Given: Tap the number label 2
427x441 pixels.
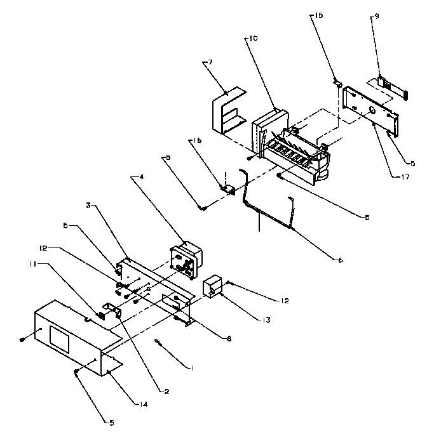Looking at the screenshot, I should tap(167, 392).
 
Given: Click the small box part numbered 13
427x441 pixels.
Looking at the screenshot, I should tap(212, 286).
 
